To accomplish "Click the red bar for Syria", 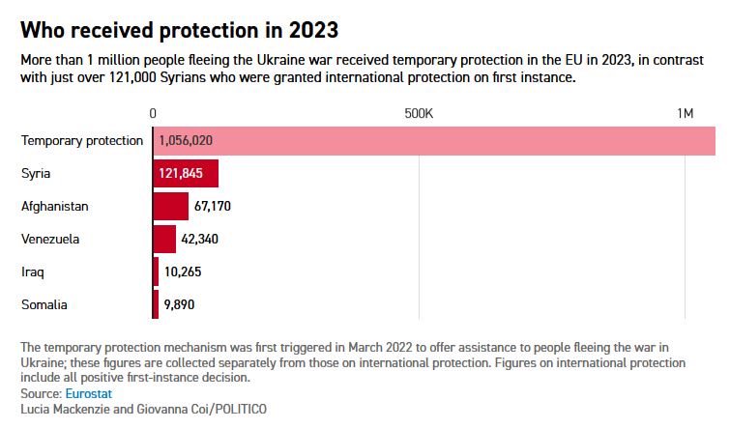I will (186, 174).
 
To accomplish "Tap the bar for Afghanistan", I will (171, 206).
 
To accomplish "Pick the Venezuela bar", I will (164, 239).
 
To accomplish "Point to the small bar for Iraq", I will (156, 272).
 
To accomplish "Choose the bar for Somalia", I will (156, 304).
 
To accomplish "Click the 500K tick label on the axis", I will (419, 114).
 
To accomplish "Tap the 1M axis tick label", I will (685, 114).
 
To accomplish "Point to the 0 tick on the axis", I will (153, 114).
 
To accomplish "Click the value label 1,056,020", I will (186, 140).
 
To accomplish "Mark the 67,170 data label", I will (213, 206).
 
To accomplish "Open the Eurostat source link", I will (88, 394).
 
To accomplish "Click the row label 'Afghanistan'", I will (55, 206).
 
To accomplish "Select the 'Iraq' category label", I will (33, 272).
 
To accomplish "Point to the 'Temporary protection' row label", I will (82, 140).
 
